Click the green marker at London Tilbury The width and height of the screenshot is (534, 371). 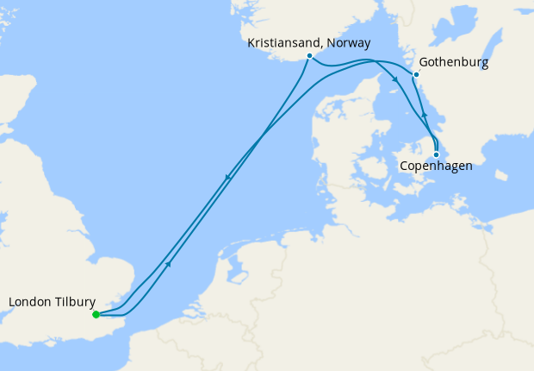pos(96,314)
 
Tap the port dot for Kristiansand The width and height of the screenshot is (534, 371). pos(309,57)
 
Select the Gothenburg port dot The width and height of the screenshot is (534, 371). pos(416,75)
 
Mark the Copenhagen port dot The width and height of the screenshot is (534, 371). pos(437,154)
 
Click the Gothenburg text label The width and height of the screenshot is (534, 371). pos(454,63)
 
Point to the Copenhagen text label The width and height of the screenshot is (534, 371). pos(437,167)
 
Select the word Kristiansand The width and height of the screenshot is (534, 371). pos(282,41)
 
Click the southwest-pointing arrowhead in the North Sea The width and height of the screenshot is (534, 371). pos(227,179)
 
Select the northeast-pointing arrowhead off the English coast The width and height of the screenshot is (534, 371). pos(169,263)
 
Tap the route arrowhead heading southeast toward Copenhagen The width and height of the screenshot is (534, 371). pos(394,80)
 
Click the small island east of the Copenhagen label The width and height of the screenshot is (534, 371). pos(501,179)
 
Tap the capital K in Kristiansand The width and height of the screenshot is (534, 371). pos(251,41)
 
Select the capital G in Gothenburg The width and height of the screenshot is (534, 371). pos(423,63)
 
